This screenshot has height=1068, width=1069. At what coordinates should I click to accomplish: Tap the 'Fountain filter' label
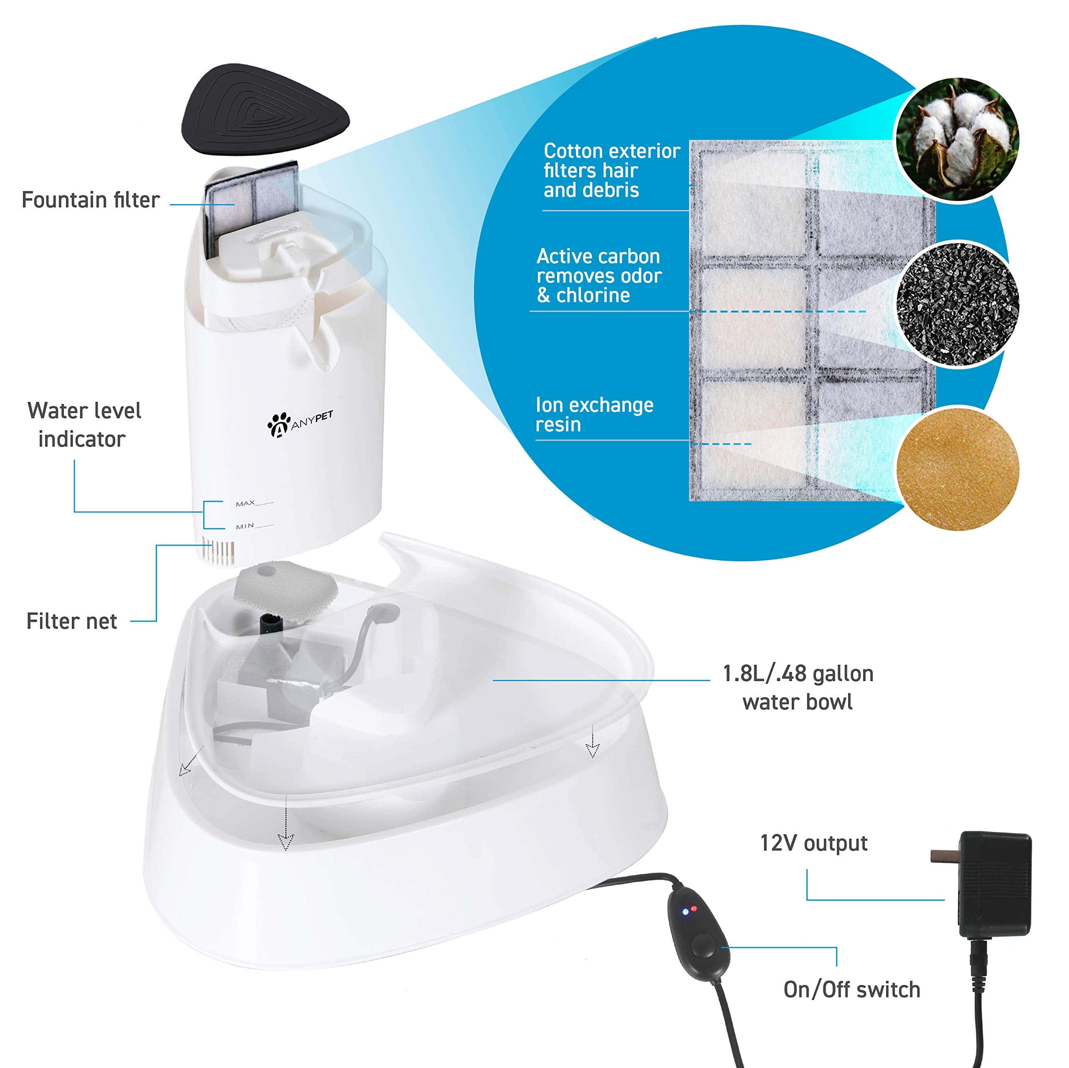click(x=91, y=199)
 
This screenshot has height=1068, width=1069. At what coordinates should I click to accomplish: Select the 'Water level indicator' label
click(x=84, y=425)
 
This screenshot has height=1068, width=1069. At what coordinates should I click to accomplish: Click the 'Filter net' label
click(x=71, y=621)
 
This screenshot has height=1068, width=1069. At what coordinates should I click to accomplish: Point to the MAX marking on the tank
click(x=246, y=503)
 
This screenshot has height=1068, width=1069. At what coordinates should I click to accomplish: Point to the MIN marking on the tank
click(x=245, y=526)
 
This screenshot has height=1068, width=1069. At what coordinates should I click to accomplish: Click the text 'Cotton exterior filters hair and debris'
click(x=611, y=170)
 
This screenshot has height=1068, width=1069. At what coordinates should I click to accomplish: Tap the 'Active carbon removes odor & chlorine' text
click(x=599, y=275)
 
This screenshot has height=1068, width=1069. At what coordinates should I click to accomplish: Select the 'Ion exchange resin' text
click(x=594, y=415)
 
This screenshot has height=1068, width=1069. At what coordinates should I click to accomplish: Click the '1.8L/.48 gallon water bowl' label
click(x=798, y=687)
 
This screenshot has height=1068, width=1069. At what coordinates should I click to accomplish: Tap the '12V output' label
click(x=813, y=843)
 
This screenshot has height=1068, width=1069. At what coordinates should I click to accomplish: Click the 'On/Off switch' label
click(x=851, y=990)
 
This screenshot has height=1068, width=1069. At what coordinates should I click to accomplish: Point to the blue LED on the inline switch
click(x=686, y=911)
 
